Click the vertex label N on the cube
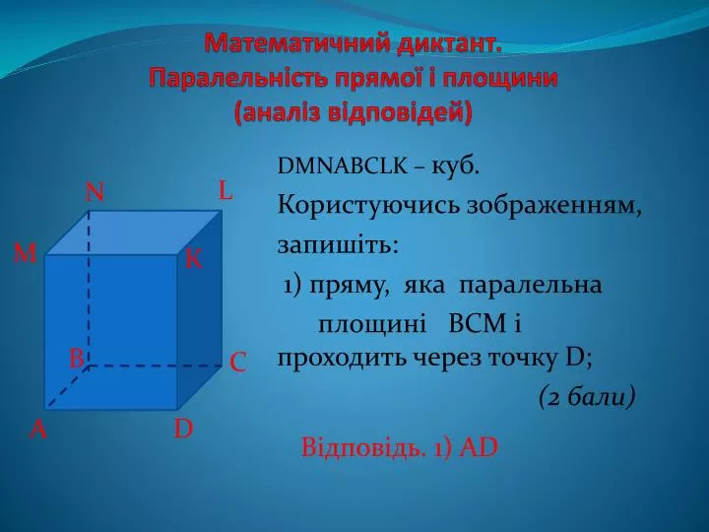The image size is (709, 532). click(x=95, y=192)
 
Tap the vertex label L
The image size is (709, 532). click(x=226, y=190)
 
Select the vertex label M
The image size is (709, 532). click(x=25, y=253)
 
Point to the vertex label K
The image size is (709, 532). click(x=194, y=260)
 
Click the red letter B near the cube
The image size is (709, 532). click(x=77, y=359)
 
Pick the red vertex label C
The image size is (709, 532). click(x=238, y=363)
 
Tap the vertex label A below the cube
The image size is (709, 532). click(x=38, y=429)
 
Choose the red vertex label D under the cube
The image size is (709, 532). click(x=183, y=429)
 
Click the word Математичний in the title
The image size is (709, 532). click(x=295, y=44)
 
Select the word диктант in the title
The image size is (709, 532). click(x=449, y=44)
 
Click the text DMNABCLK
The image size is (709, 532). click(x=343, y=166)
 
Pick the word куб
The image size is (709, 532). click(x=455, y=166)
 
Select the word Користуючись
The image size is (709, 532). click(x=368, y=207)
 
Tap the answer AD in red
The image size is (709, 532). click(x=479, y=448)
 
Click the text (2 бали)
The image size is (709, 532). click(x=587, y=398)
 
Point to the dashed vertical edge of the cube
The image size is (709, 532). click(x=89, y=288)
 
